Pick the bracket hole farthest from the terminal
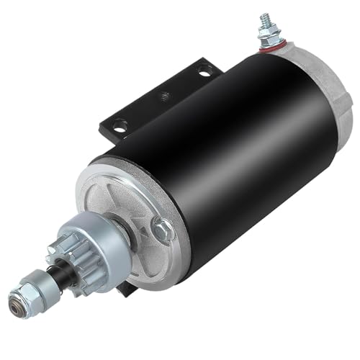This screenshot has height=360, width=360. [120, 127]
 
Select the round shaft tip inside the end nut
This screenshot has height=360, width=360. [15, 293]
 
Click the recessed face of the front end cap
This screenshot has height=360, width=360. [130, 209]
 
